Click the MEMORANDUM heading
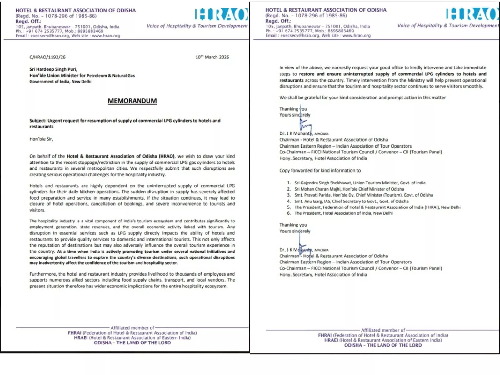point(132,101)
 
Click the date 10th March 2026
point(212,57)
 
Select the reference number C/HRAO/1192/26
point(47,57)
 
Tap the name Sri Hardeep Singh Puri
point(53,69)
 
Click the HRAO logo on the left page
point(221,14)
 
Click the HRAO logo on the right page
point(472,14)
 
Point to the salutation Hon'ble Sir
point(41,139)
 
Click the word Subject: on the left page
point(38,121)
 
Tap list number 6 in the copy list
point(289,213)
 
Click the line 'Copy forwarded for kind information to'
point(320,171)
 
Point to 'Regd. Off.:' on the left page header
point(28,22)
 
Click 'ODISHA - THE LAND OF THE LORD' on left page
point(132,343)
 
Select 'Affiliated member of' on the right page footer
point(383,330)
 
